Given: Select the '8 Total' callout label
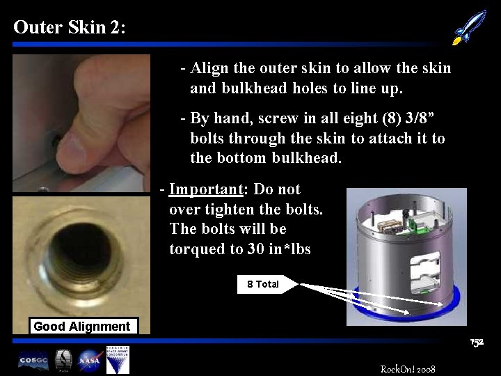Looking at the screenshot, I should point(267,284).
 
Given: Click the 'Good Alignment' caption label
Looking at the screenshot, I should point(81,327).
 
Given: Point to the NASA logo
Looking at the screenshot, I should point(89,360).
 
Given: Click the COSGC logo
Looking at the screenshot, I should point(33,361).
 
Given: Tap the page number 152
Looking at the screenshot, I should point(477,343).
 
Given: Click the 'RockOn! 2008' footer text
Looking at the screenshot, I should point(408,368).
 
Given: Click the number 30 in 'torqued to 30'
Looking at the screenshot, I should point(255,249).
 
